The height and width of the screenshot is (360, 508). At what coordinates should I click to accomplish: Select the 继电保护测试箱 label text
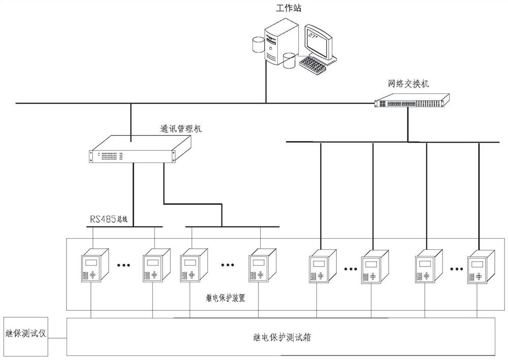(281, 336)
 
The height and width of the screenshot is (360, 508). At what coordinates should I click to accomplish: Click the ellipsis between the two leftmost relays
(125, 265)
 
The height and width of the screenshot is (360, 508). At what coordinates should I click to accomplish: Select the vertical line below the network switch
(407, 124)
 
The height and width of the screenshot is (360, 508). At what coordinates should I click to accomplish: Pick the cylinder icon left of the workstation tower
(258, 45)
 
